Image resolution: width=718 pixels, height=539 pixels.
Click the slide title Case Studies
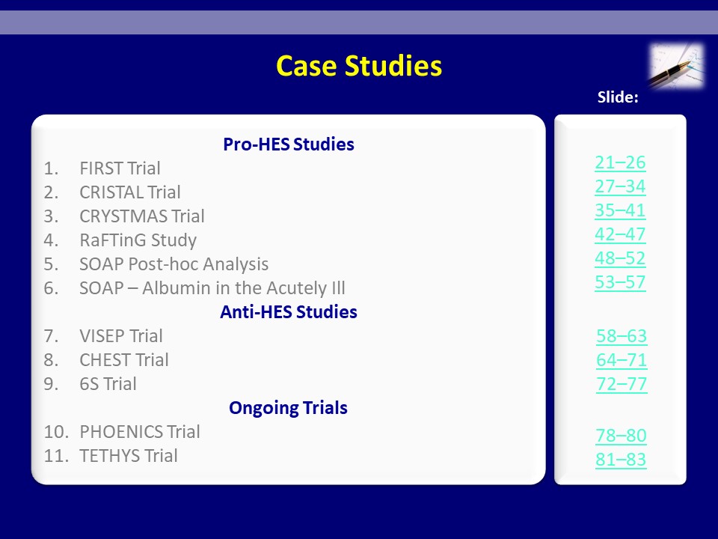(x=359, y=66)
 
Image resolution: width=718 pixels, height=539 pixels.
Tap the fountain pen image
(x=676, y=66)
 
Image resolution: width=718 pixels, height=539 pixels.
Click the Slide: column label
(x=618, y=97)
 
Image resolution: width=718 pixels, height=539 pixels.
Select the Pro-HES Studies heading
(x=289, y=144)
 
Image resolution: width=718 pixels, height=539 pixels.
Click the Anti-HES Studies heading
(x=289, y=311)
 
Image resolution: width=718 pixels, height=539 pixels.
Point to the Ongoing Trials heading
(x=289, y=407)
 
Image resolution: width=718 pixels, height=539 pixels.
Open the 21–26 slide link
(x=620, y=162)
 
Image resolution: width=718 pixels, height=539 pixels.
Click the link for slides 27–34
(x=620, y=186)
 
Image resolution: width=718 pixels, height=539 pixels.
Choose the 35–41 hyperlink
(x=620, y=210)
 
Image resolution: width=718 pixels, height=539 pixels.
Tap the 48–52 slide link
(x=620, y=258)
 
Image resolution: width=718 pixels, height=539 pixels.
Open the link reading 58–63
(x=622, y=336)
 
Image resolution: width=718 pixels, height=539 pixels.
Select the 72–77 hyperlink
(x=622, y=383)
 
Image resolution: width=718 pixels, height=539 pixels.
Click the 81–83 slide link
(x=621, y=459)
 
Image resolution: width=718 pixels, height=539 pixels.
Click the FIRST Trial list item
(x=120, y=168)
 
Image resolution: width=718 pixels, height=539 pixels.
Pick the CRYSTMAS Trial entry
(x=142, y=216)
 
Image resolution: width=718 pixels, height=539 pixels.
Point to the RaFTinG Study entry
(x=138, y=240)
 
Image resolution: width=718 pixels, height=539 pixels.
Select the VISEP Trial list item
(x=121, y=336)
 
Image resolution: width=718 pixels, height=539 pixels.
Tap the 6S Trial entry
(x=108, y=383)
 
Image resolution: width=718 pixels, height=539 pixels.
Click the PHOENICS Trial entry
(x=140, y=432)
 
